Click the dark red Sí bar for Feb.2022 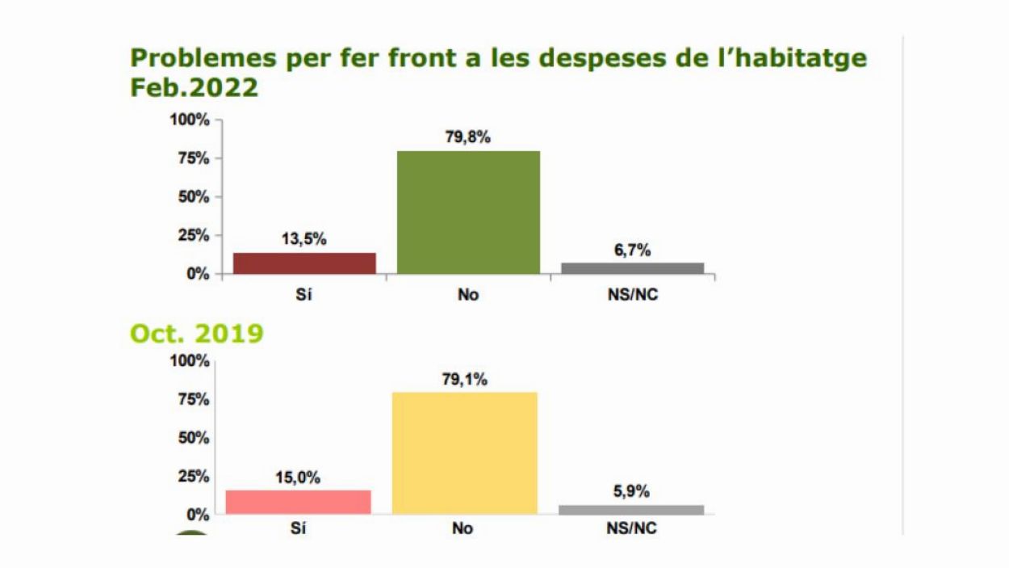(x=304, y=263)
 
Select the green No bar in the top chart (x=468, y=212)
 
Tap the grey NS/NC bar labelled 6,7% (x=632, y=268)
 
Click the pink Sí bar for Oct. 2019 (x=298, y=502)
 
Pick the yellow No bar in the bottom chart (x=464, y=453)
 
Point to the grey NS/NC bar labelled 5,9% (x=631, y=510)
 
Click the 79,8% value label (x=468, y=137)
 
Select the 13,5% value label (x=304, y=239)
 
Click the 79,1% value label (x=464, y=379)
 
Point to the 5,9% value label (x=631, y=492)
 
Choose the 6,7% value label (x=632, y=250)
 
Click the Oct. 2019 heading (x=196, y=334)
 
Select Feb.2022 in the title (x=194, y=88)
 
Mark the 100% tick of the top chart (x=190, y=120)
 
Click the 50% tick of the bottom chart (x=193, y=438)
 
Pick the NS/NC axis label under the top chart (x=632, y=295)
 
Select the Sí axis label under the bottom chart (x=298, y=529)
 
